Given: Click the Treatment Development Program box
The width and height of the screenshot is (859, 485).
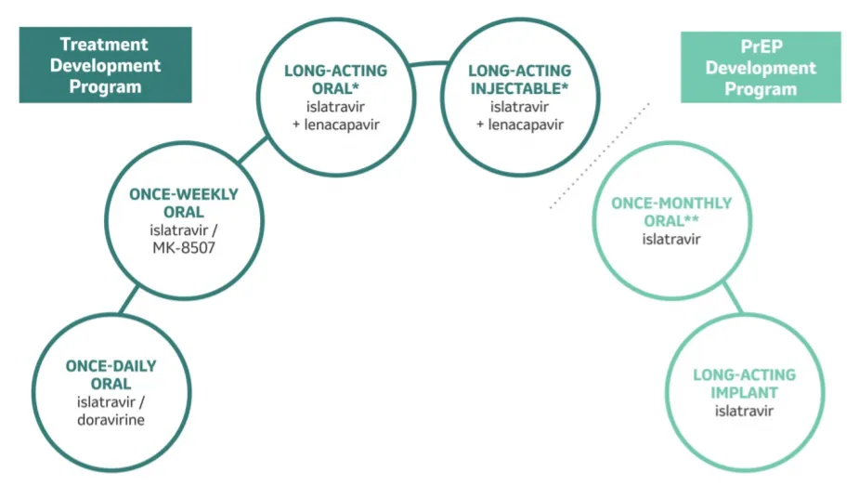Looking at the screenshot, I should click(105, 65).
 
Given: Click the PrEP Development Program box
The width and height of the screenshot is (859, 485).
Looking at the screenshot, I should click(760, 67).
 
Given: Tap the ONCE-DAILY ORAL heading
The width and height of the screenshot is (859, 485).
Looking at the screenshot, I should click(111, 374).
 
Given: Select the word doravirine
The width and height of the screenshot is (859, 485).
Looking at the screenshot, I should click(111, 419).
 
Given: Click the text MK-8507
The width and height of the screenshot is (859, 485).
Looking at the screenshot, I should click(184, 248).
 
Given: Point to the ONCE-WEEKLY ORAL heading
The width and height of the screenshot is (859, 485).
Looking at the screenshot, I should click(184, 203).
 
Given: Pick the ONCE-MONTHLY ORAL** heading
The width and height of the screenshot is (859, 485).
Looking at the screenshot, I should click(670, 212).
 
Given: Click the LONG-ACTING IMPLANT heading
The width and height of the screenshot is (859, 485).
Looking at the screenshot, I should click(744, 384).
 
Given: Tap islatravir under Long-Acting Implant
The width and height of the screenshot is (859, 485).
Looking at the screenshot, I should click(744, 411).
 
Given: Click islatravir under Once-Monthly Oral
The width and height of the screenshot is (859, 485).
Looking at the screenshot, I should click(670, 239).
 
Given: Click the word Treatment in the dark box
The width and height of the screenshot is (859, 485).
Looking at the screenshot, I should click(105, 44).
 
